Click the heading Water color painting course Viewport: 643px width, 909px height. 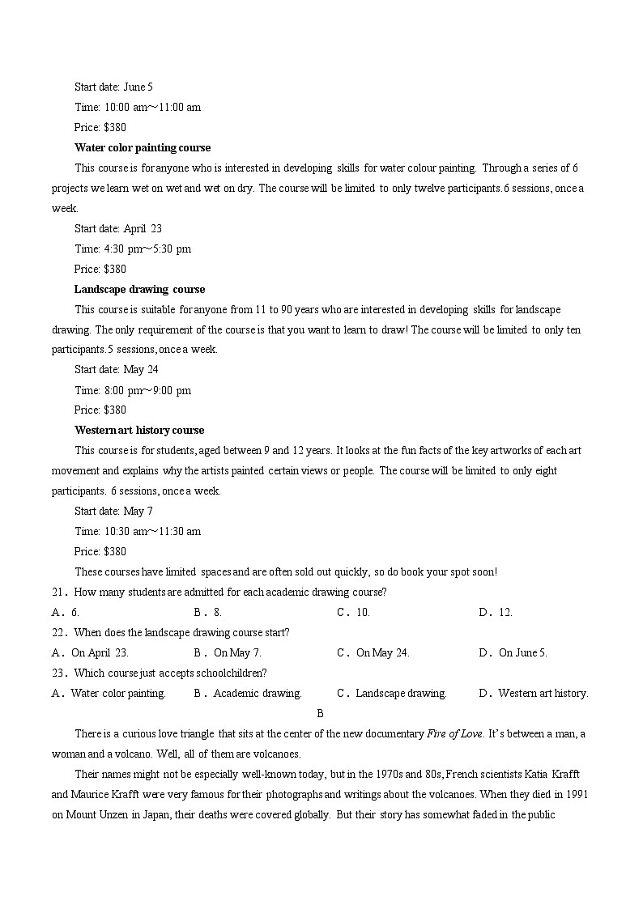click(x=143, y=147)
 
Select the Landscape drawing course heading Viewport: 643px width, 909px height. click(x=139, y=289)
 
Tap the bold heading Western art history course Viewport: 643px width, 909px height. click(x=139, y=430)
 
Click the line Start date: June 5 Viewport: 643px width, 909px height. click(x=113, y=87)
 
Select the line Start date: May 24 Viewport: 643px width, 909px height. click(x=117, y=369)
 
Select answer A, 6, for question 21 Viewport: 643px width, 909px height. click(x=66, y=612)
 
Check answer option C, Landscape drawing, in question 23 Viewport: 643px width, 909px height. click(x=392, y=693)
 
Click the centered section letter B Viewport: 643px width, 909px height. click(x=320, y=713)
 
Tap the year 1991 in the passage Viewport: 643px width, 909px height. click(x=577, y=795)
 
